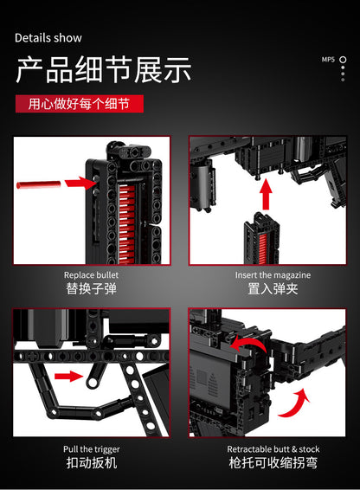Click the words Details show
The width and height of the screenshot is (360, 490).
coord(48,38)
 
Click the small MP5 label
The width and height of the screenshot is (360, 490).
coord(328,60)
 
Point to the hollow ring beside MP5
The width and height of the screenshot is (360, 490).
coord(343,60)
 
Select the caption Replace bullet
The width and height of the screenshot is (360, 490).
coord(92,274)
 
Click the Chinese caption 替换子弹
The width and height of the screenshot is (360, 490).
coord(92,289)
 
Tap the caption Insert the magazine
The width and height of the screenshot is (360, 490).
coord(273,274)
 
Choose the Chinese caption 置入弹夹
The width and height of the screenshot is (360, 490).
coord(273,289)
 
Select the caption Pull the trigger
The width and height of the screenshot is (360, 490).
coord(92,448)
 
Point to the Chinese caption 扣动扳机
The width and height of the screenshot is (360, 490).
coord(92,463)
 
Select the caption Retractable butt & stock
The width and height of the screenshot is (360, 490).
coord(273,448)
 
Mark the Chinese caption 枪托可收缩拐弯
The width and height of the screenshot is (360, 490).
coord(273,463)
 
